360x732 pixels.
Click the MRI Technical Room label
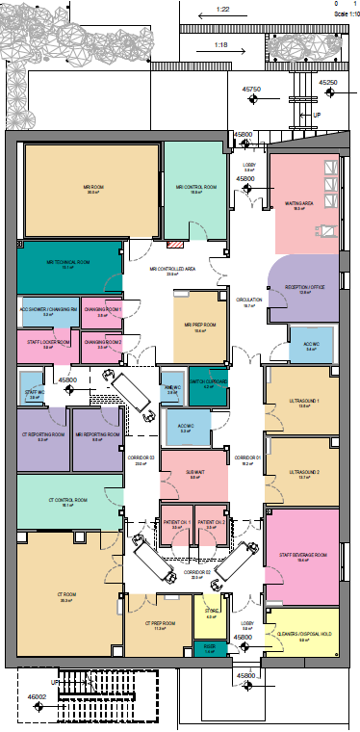(x=68, y=262)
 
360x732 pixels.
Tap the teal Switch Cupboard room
(x=208, y=383)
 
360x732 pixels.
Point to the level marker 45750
(x=252, y=89)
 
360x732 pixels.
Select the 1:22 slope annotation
(x=222, y=9)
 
